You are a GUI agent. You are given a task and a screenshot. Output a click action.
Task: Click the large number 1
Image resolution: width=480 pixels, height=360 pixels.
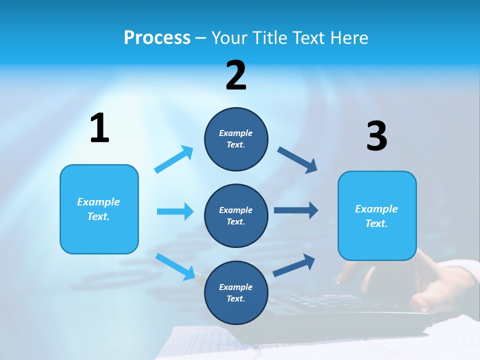(99, 128)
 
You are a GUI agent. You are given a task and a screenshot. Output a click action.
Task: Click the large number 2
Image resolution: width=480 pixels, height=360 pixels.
(236, 75)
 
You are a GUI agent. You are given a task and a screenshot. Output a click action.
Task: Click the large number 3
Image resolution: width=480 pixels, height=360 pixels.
(377, 136)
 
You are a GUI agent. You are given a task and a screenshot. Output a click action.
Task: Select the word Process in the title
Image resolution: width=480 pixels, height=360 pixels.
(157, 37)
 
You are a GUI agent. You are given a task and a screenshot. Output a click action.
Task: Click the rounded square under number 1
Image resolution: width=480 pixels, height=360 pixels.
(99, 209)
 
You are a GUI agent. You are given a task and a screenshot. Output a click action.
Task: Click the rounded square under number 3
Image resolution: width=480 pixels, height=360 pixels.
(377, 216)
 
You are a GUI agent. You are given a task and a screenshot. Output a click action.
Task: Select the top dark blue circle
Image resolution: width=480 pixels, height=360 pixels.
(236, 139)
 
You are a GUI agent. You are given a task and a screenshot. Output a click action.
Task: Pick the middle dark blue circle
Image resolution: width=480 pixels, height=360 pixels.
(236, 216)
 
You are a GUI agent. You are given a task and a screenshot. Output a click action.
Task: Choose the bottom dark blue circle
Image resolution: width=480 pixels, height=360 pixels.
(236, 293)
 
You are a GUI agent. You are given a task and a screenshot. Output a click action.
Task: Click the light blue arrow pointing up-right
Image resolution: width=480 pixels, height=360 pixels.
(173, 159)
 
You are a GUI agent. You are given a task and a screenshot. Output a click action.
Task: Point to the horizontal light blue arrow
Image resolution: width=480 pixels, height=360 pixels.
(175, 211)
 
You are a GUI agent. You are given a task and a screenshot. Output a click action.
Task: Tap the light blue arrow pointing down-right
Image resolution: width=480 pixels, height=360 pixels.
(175, 266)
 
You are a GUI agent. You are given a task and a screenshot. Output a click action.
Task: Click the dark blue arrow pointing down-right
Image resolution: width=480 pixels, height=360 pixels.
(297, 160)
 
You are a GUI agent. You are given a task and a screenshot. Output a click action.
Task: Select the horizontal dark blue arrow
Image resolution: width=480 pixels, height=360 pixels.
(296, 210)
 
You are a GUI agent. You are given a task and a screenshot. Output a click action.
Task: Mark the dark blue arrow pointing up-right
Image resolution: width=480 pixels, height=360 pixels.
(294, 265)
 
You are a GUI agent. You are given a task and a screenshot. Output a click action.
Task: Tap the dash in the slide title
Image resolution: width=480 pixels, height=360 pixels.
(201, 38)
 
